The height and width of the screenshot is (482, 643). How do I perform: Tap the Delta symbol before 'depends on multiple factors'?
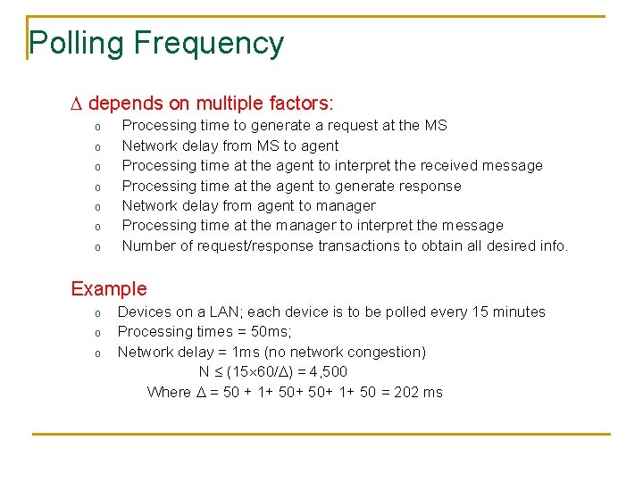76,104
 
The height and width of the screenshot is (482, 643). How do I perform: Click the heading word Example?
109,288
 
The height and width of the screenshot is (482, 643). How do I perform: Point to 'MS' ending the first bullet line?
436,126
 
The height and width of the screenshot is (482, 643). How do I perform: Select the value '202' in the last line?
406,392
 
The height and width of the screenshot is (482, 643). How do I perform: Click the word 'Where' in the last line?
169,392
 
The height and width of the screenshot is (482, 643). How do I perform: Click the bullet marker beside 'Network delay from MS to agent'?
97,146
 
